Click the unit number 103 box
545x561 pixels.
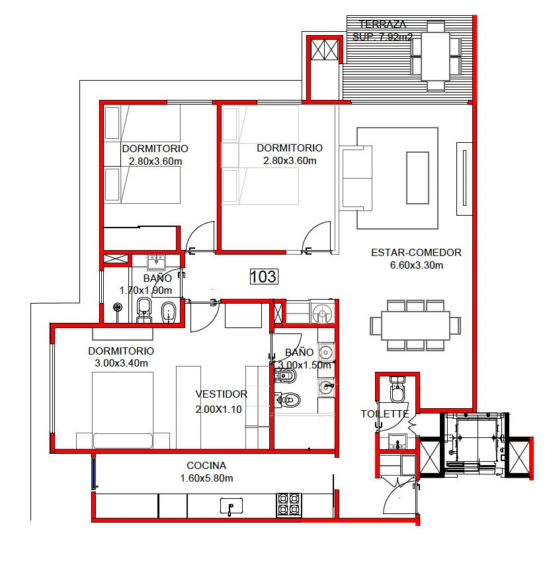[263, 277]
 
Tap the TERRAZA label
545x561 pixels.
[382, 24]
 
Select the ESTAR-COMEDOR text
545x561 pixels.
[416, 253]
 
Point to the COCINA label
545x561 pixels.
[206, 466]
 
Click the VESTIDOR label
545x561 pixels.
[222, 394]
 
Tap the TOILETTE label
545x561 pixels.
[384, 414]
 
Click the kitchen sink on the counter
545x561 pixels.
[231, 506]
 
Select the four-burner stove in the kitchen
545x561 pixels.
[288, 505]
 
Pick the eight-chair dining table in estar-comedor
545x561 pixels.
[415, 325]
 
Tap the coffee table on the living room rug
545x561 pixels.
[417, 178]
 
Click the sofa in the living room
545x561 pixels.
[356, 178]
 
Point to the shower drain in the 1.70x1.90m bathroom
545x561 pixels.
[118, 308]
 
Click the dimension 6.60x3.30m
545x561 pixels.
[416, 265]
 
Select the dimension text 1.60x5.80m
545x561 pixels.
[207, 478]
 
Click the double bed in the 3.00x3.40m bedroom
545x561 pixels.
[122, 410]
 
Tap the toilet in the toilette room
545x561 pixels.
[397, 389]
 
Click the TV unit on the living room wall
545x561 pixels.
[464, 179]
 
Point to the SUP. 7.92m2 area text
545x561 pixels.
[383, 36]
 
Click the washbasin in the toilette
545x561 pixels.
[398, 441]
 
